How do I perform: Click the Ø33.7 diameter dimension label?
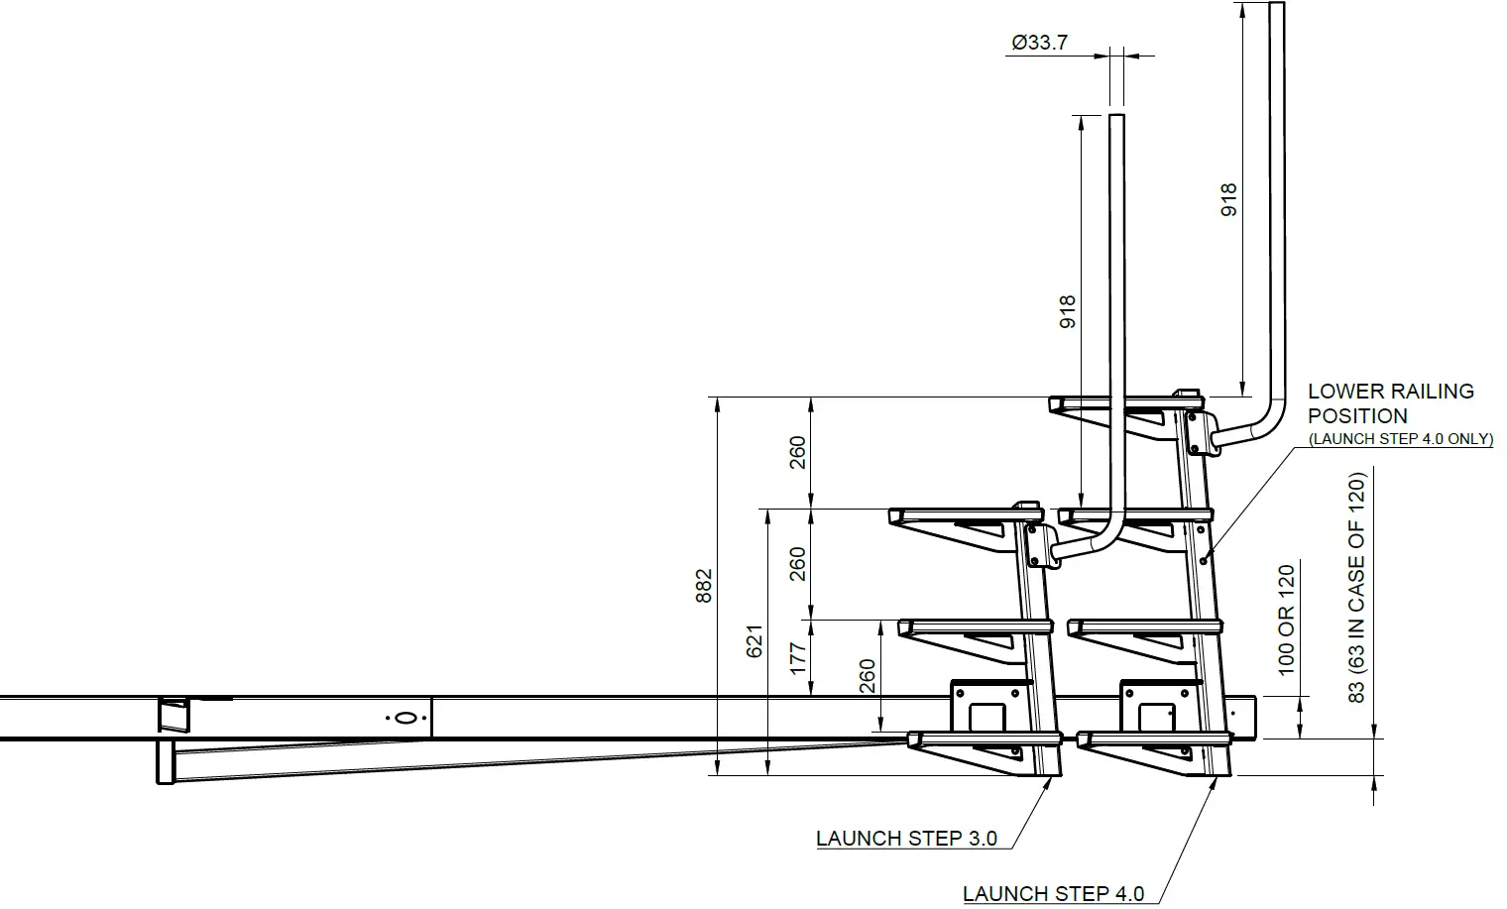tap(1039, 43)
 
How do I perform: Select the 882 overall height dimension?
tap(703, 586)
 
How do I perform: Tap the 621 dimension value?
tap(754, 641)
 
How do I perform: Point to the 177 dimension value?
tap(797, 659)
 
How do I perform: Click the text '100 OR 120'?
tap(1286, 620)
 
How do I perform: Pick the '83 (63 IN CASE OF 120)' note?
tap(1357, 588)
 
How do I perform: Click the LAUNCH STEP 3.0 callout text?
tap(906, 839)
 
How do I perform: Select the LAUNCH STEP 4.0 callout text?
tap(1053, 893)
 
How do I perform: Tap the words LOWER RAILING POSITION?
tap(1391, 403)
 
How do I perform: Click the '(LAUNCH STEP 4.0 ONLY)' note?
tap(1401, 439)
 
